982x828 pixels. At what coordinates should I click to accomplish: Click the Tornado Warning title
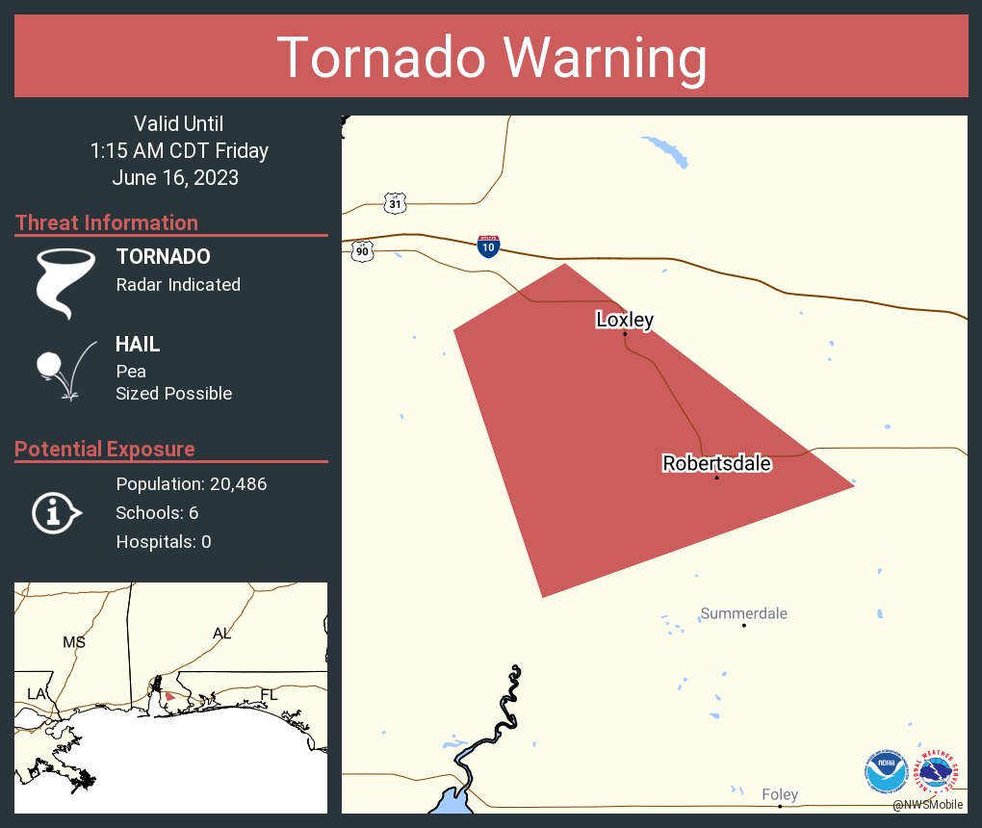tap(491, 58)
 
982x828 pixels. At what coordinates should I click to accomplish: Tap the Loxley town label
tap(624, 320)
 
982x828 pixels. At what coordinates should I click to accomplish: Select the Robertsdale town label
tap(716, 463)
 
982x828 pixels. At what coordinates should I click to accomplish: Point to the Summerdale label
tap(743, 613)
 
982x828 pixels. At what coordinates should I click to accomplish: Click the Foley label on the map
tap(779, 794)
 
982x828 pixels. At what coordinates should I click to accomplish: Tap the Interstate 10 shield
tap(488, 246)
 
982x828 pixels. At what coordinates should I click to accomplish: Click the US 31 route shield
tap(395, 203)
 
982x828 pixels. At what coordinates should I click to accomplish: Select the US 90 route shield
tap(361, 251)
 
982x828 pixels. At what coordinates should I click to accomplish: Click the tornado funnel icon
tap(66, 282)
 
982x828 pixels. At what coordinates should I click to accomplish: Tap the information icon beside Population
tap(56, 512)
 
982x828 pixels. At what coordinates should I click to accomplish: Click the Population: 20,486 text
tap(191, 483)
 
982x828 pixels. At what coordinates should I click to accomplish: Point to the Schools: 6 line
tap(157, 512)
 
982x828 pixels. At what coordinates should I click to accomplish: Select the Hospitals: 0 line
tap(164, 541)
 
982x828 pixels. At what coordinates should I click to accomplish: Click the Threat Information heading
tap(107, 222)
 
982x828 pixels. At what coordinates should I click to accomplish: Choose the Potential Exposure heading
tap(105, 449)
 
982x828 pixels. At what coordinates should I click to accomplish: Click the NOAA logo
tap(886, 771)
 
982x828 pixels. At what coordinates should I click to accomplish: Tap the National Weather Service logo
tap(938, 771)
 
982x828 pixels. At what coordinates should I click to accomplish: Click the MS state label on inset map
tap(74, 641)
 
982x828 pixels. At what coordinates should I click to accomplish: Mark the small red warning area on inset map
tap(169, 695)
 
